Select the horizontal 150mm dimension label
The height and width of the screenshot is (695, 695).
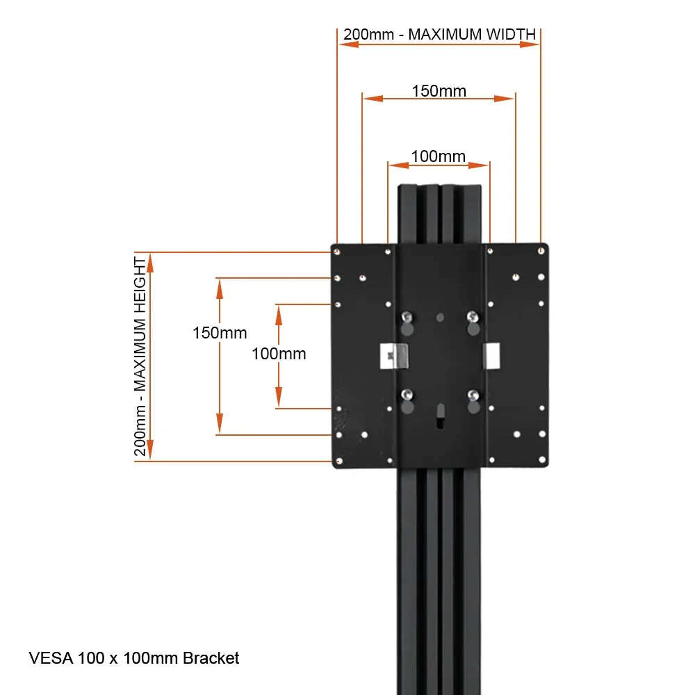(x=439, y=90)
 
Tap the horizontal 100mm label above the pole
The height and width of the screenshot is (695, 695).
(x=438, y=156)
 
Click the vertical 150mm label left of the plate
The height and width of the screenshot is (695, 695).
(x=220, y=333)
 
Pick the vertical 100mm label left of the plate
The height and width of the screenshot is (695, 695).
(x=279, y=354)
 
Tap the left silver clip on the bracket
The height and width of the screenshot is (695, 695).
(x=394, y=356)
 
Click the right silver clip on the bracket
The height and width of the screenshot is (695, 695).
(x=491, y=355)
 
